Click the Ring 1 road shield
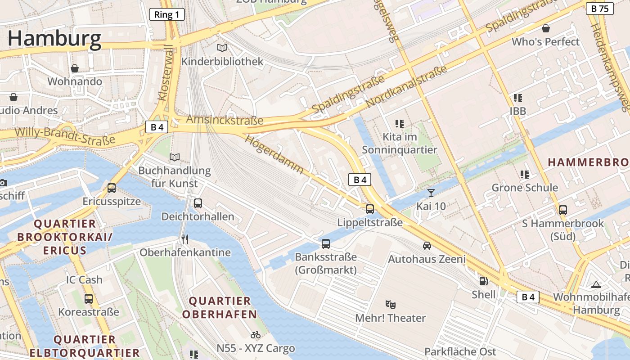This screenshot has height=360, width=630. pyautogui.click(x=166, y=14)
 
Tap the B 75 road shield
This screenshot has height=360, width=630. pyautogui.click(x=600, y=8)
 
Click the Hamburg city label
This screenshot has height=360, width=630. pyautogui.click(x=54, y=39)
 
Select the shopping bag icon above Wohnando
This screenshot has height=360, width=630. pyautogui.click(x=75, y=68)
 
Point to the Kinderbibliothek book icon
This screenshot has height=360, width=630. pyautogui.click(x=222, y=48)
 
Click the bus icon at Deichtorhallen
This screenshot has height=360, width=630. pyautogui.click(x=198, y=203)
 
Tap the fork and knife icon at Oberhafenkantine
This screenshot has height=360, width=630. pyautogui.click(x=184, y=239)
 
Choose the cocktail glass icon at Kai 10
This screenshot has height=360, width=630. pyautogui.click(x=431, y=193)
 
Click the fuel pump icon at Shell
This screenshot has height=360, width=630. pyautogui.click(x=484, y=281)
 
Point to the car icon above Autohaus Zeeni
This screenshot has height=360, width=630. pyautogui.click(x=427, y=246)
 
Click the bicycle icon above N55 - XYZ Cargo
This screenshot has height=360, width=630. pyautogui.click(x=256, y=335)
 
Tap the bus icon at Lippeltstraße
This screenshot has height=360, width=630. pyautogui.click(x=370, y=209)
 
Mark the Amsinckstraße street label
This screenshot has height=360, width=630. pyautogui.click(x=225, y=120)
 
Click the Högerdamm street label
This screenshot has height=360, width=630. pyautogui.click(x=274, y=154)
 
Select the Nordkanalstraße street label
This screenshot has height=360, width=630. pyautogui.click(x=406, y=86)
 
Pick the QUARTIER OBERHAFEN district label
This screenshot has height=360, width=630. pyautogui.click(x=220, y=307)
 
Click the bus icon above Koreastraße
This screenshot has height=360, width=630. pyautogui.click(x=89, y=298)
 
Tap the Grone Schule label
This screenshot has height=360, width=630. pyautogui.click(x=525, y=188)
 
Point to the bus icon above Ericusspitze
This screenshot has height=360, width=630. pyautogui.click(x=112, y=188)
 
